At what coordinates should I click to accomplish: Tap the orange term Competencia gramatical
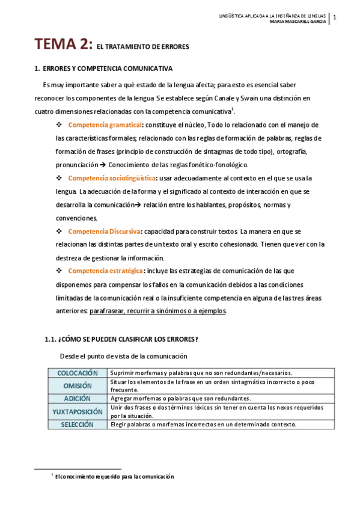click(105, 124)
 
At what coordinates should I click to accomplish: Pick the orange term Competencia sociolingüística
click(112, 178)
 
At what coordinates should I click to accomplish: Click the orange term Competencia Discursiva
click(105, 231)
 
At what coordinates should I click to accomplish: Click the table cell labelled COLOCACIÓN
click(78, 373)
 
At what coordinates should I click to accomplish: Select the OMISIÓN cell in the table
click(78, 386)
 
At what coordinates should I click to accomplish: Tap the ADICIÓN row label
click(78, 398)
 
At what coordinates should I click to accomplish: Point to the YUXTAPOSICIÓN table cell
click(78, 411)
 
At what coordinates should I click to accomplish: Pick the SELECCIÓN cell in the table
click(78, 424)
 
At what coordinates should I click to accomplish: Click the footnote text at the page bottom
click(114, 476)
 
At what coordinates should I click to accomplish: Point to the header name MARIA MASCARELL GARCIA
click(298, 22)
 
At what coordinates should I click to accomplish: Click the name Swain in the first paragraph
click(215, 98)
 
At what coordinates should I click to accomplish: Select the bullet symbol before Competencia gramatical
click(59, 124)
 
